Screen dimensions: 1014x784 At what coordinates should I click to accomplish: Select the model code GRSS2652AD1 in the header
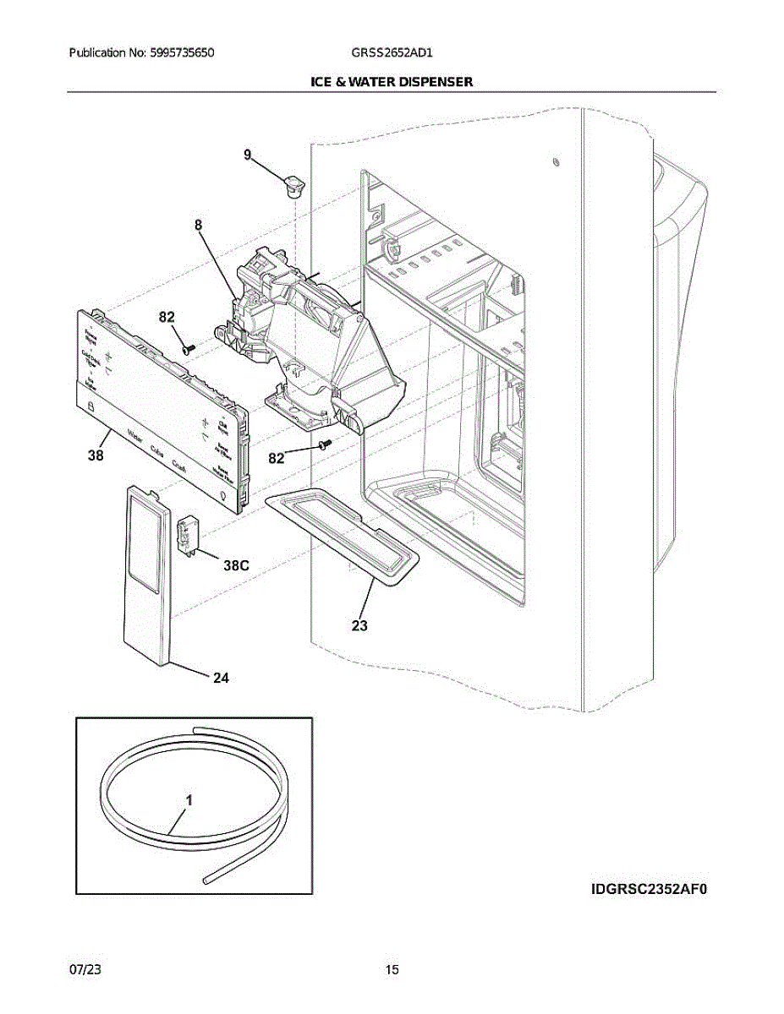pos(392,52)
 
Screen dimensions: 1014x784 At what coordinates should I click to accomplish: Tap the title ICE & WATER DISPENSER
pos(392,82)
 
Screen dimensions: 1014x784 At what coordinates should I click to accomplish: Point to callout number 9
pos(247,155)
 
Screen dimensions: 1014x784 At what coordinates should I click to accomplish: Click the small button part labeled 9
pos(294,183)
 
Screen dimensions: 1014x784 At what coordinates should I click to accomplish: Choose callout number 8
pos(198,225)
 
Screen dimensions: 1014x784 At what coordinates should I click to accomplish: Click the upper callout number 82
pos(167,318)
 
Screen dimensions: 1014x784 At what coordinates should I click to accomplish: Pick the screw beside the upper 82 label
pos(189,346)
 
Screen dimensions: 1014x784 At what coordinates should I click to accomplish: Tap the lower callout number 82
pos(276,458)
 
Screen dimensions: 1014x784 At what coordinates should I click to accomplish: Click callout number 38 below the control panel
pos(96,456)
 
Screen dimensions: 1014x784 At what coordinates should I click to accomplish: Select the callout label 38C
pos(236,567)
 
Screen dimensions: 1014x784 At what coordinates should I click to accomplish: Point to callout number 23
pos(359,626)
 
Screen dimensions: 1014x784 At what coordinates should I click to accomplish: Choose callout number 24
pos(221,677)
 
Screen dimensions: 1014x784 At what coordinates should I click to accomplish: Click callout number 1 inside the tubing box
pos(189,799)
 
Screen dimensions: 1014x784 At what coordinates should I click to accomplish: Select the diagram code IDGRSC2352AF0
pos(648,889)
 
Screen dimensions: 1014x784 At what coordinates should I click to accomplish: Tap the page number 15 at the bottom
pos(392,969)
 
